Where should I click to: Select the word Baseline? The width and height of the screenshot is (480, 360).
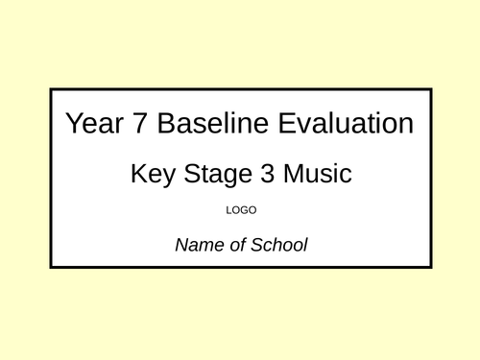[199, 124]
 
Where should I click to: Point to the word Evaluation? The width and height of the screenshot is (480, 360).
[337, 124]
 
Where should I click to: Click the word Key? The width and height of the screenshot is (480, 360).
[152, 176]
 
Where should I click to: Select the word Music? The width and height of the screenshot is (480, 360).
[318, 175]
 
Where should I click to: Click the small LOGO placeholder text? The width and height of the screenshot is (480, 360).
[240, 209]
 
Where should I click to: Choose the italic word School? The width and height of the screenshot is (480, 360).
[279, 245]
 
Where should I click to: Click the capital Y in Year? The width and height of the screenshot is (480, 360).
[72, 124]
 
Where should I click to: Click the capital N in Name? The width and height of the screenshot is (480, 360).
[181, 245]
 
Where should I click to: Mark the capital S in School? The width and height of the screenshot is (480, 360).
[256, 245]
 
